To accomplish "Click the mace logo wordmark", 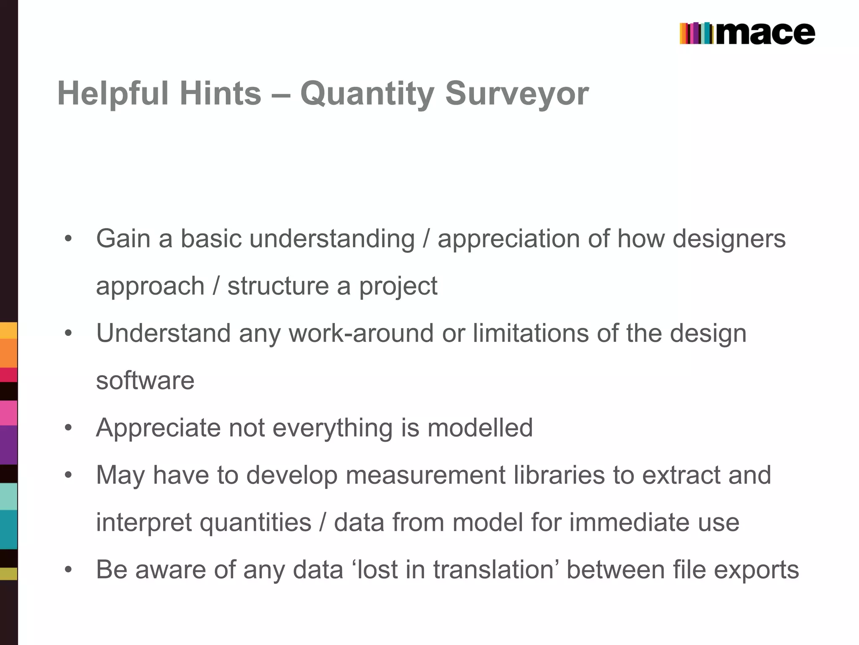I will [x=765, y=34].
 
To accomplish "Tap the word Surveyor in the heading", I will [x=517, y=93].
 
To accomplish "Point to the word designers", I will [x=729, y=239].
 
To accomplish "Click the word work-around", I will [x=361, y=333].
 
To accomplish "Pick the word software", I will [x=145, y=380].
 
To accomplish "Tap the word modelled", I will [x=480, y=427].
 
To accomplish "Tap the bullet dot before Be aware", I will [x=68, y=570].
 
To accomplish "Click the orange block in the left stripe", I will [x=8, y=353].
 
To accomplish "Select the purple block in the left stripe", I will [x=8, y=445].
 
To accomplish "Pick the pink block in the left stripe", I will [x=8, y=413].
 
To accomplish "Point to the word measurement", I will [x=426, y=475].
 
